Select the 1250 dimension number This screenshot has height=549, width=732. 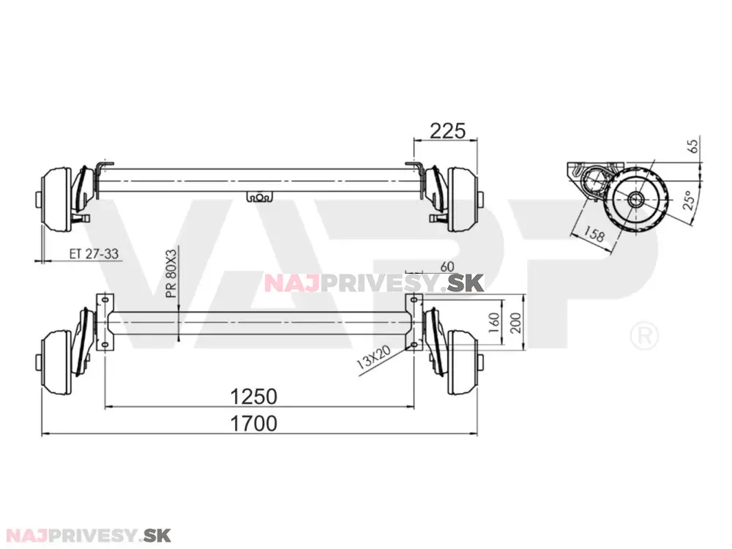point(253,396)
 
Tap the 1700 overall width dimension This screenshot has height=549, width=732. point(253,423)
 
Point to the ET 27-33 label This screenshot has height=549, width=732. point(94,254)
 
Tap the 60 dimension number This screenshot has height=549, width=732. point(448,266)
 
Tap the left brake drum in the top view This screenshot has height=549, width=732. point(56,199)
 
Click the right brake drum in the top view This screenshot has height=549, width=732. point(461,199)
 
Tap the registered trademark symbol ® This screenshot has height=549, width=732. point(643,336)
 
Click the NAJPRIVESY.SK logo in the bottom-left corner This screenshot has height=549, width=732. point(88,534)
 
